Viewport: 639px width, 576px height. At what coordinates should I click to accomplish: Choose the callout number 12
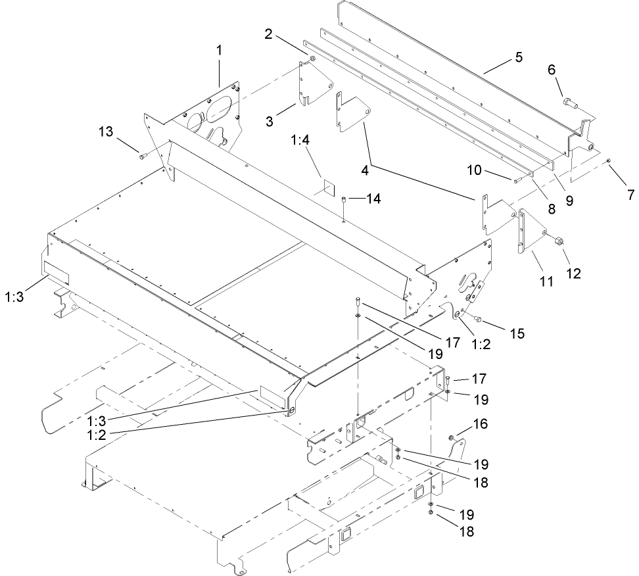pyautogui.click(x=575, y=273)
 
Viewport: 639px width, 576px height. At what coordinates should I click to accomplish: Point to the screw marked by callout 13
pyautogui.click(x=143, y=156)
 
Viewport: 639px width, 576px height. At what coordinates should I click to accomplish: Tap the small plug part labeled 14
pyautogui.click(x=343, y=199)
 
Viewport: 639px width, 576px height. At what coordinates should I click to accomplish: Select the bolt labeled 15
pyautogui.click(x=479, y=320)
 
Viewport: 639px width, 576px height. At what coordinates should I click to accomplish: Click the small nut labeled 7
pyautogui.click(x=609, y=160)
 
